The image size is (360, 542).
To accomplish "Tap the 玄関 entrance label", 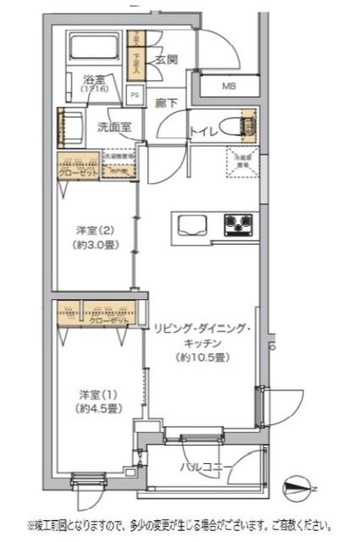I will [x=167, y=59].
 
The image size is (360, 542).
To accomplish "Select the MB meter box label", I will [x=230, y=86].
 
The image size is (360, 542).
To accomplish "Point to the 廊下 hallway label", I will [x=166, y=103].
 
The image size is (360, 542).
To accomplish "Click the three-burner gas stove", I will [x=238, y=224].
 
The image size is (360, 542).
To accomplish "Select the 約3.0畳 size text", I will [x=95, y=246].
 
